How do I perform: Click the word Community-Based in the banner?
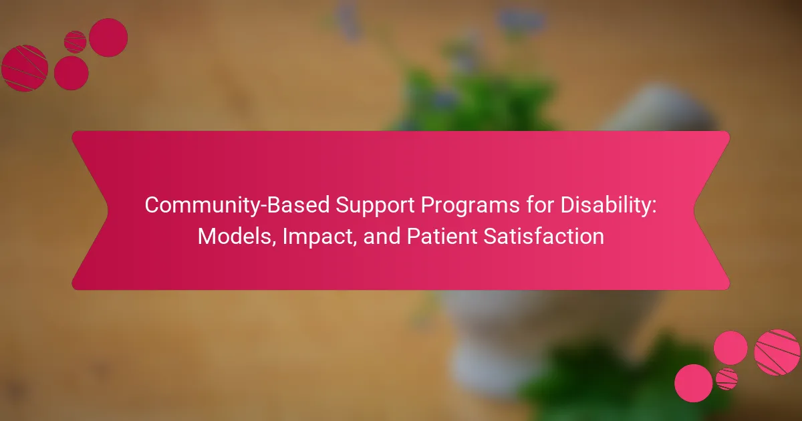pyautogui.click(x=237, y=206)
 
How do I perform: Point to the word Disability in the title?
pyautogui.click(x=605, y=206)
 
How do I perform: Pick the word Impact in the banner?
pyautogui.click(x=317, y=237)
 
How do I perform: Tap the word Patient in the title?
pyautogui.click(x=442, y=237)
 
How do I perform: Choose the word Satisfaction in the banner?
pyautogui.click(x=544, y=237)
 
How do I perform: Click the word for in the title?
pyautogui.click(x=540, y=204)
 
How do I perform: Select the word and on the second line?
pyautogui.click(x=382, y=237)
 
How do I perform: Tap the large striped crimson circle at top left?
pyautogui.click(x=25, y=68)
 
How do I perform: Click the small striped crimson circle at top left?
pyautogui.click(x=75, y=42)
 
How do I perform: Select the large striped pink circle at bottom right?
pyautogui.click(x=777, y=352)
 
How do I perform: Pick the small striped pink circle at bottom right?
pyautogui.click(x=726, y=379)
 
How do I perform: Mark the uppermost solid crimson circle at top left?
pyautogui.click(x=108, y=37)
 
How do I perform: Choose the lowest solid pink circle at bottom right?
pyautogui.click(x=694, y=383)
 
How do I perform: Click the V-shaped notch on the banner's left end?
pyautogui.click(x=107, y=210)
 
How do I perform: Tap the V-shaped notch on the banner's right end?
pyautogui.click(x=694, y=210)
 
